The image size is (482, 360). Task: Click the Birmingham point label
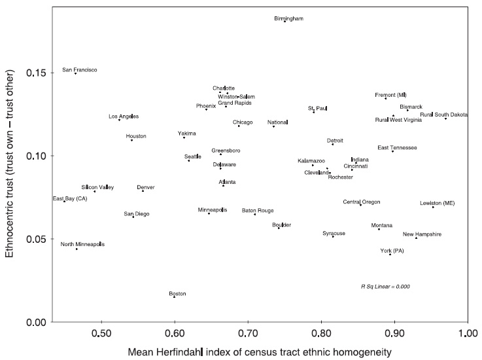pyautogui.click(x=288, y=19)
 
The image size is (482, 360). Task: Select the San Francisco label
pyautogui.click(x=80, y=69)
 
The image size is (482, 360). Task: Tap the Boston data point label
pyautogui.click(x=177, y=294)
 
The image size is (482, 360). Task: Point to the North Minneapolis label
pyautogui.click(x=82, y=244)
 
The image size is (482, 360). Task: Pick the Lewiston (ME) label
pyautogui.click(x=438, y=204)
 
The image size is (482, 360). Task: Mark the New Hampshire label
pyautogui.click(x=422, y=234)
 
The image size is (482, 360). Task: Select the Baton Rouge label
pyautogui.click(x=258, y=211)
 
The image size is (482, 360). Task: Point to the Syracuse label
pyautogui.click(x=334, y=233)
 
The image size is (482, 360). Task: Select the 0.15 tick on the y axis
pyautogui.click(x=32, y=73)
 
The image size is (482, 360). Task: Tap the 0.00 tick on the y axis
pyautogui.click(x=32, y=322)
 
